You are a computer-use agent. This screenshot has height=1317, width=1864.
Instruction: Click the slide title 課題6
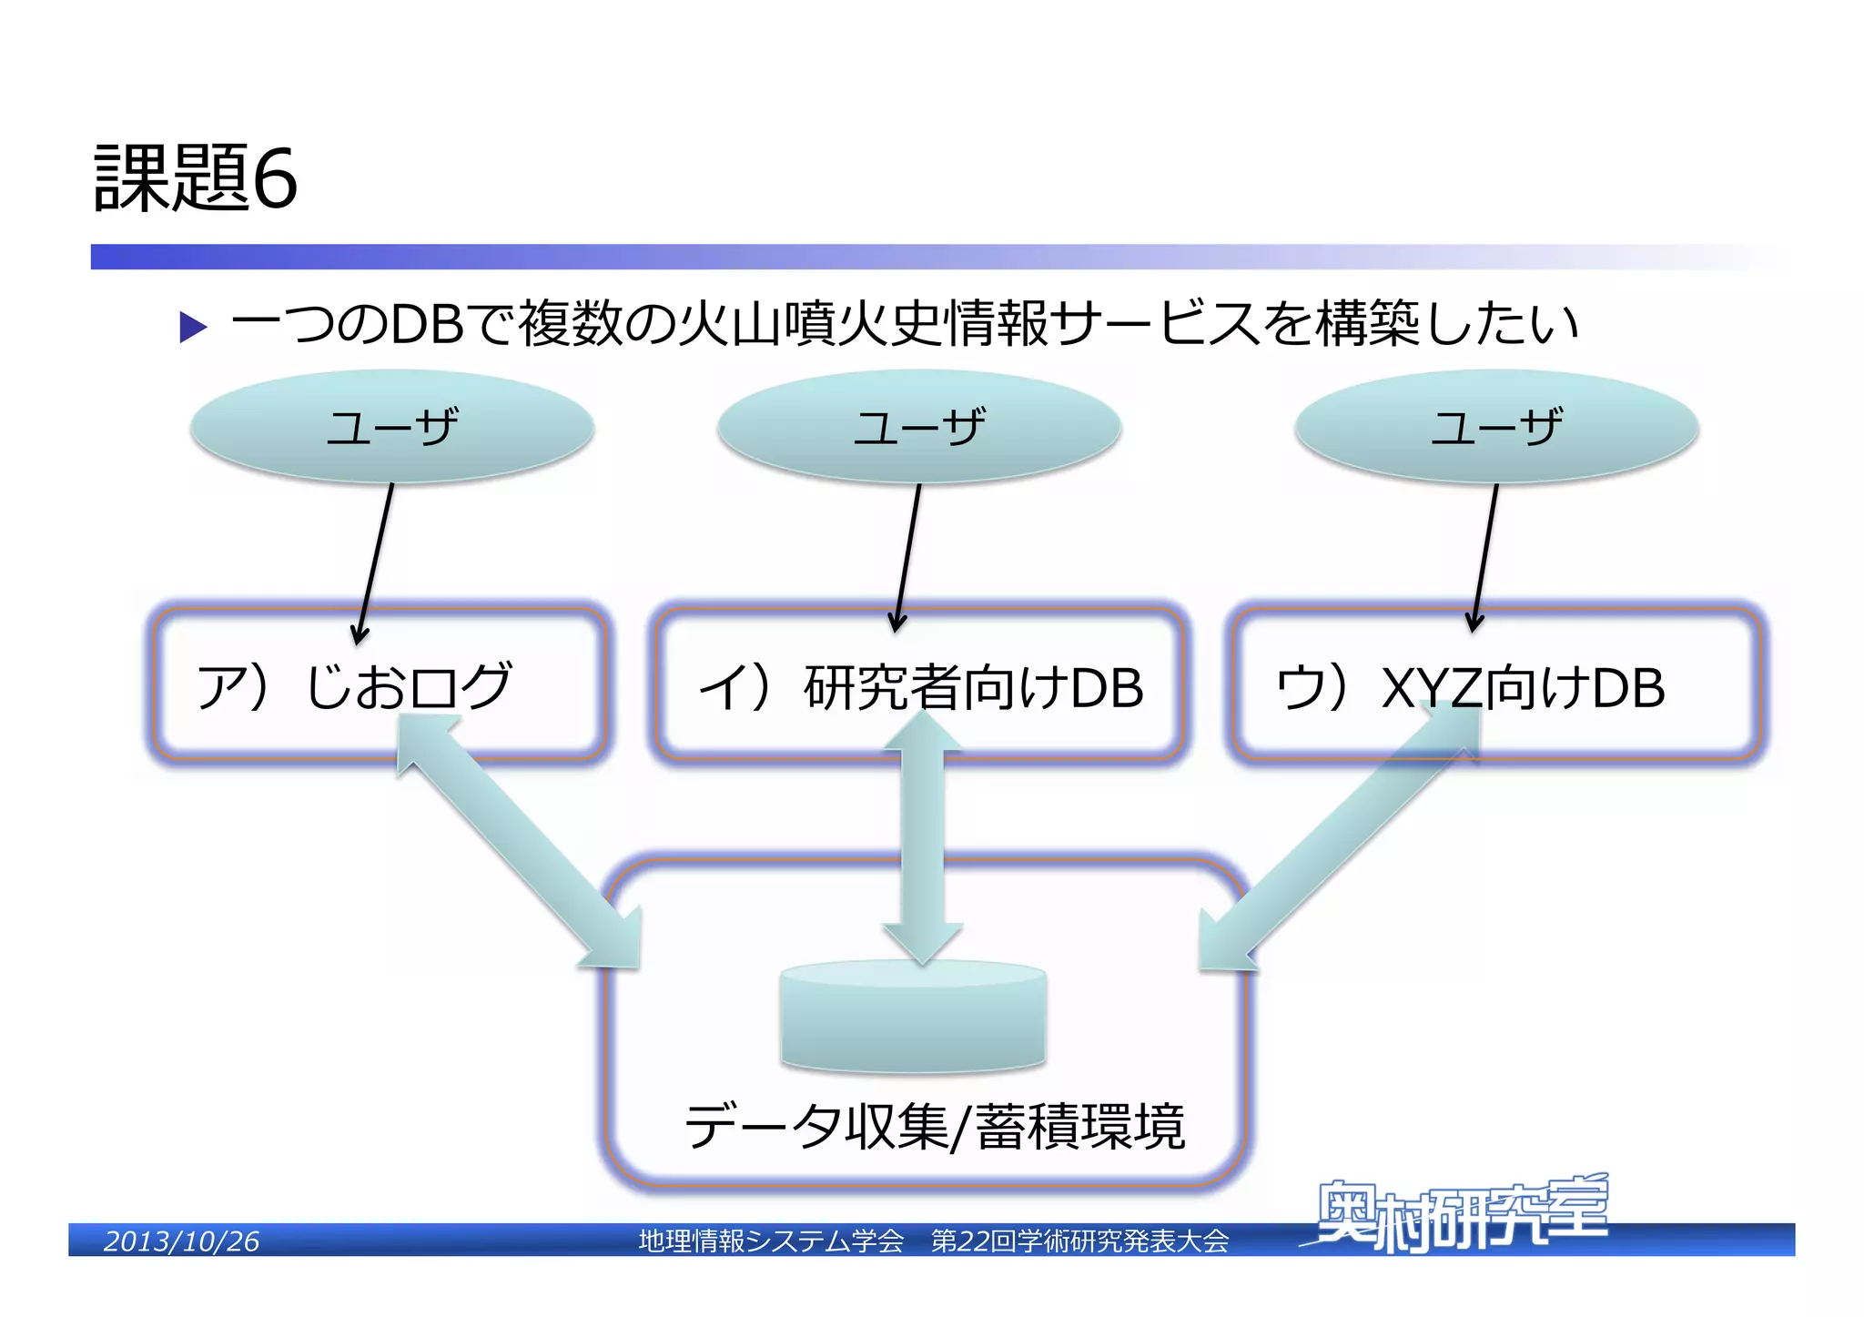pos(195,177)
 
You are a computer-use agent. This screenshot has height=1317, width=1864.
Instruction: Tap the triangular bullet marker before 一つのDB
pos(193,327)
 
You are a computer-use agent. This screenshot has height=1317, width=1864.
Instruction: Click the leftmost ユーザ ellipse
pos(392,426)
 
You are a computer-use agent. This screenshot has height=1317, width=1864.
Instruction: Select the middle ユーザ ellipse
pos(918,426)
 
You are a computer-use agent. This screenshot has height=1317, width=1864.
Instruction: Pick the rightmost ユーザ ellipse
pos(1496,426)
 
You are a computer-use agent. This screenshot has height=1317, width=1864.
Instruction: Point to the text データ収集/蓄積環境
pos(935,1127)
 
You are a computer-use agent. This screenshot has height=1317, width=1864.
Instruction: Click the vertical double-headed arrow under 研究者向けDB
pos(922,837)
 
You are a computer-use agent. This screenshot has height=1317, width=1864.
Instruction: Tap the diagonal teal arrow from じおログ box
pos(519,842)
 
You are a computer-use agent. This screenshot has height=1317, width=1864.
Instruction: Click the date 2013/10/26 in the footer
pos(181,1241)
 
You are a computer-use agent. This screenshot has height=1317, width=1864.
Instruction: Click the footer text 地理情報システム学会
pos(771,1241)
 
